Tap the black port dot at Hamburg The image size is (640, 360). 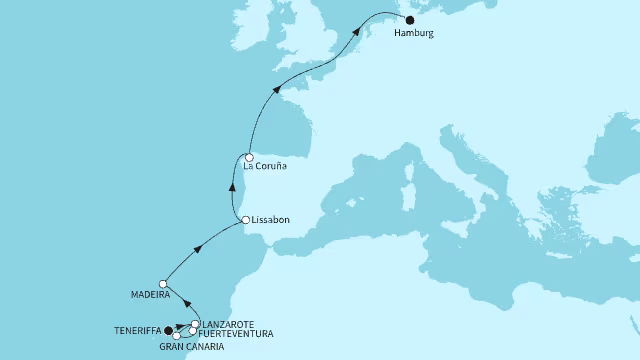pos(410,19)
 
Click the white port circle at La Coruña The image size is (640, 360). pos(248,156)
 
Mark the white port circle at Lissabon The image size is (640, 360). pos(245,220)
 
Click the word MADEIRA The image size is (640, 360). pos(147,295)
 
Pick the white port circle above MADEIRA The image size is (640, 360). pos(163,284)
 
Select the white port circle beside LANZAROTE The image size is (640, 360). pos(195,324)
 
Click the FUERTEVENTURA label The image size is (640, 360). pos(237,334)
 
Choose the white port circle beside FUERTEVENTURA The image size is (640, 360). pos(192,331)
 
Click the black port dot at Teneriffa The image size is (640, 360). pos(168,330)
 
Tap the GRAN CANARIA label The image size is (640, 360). pos(190,346)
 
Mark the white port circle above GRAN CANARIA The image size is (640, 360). pos(177,335)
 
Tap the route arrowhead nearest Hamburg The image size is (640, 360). pos(356,37)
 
